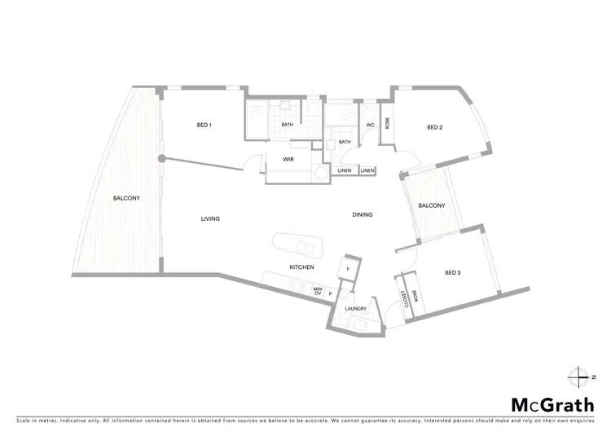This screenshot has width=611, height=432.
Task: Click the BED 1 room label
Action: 204,125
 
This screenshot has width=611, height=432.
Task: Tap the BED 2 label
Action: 435,127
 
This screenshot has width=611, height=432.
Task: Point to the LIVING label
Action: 211,218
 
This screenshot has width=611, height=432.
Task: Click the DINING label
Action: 362,215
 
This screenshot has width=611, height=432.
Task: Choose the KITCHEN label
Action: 301,267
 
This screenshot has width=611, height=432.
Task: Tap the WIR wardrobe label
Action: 288,160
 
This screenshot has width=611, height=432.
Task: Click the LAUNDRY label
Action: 355,309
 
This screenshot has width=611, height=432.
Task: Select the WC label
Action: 370,125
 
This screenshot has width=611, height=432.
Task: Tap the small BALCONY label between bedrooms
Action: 432,205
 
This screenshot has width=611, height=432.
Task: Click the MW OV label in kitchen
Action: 318,291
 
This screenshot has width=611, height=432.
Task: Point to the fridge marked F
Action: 348,268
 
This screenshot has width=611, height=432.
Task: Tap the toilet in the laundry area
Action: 358,325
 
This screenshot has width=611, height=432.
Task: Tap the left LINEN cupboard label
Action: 344,170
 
